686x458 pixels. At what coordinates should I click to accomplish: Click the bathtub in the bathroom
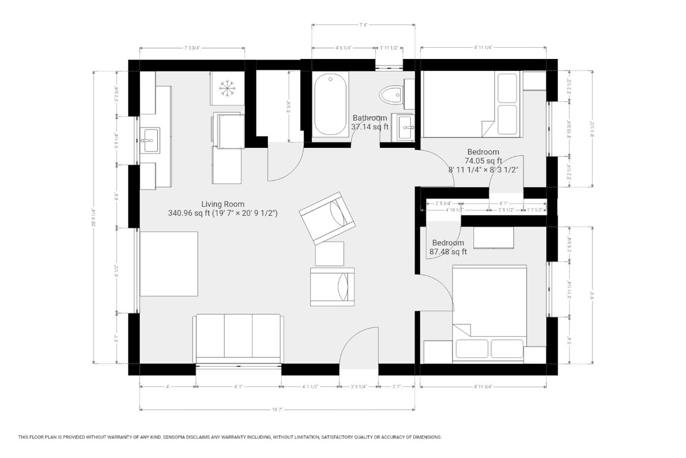point(330,104)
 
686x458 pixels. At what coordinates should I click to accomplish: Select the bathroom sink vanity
point(408,127)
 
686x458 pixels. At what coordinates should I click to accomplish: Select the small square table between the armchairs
point(329,253)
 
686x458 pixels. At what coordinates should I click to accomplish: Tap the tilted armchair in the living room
point(327,218)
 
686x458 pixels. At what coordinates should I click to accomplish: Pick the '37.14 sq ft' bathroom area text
point(369,127)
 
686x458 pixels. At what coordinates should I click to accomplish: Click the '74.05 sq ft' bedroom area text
point(483,160)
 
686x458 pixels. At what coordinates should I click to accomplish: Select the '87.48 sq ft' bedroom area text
point(448,252)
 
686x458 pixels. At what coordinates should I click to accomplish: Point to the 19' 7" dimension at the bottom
point(277,410)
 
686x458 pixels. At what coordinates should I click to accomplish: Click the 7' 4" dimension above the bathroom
point(363,25)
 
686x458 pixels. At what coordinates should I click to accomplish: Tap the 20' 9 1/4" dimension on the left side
point(93,218)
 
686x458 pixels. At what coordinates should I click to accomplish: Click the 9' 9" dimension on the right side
point(593,294)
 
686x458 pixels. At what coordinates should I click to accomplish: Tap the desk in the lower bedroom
point(494,237)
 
